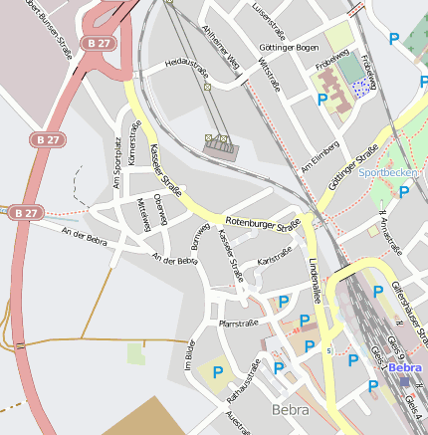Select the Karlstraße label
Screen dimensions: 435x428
point(274,261)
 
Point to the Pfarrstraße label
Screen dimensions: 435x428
point(238,324)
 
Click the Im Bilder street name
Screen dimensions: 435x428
point(187,356)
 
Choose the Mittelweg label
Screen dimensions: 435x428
point(144,213)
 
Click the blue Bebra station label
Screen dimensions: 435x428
point(405,368)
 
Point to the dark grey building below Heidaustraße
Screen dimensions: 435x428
point(221,148)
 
